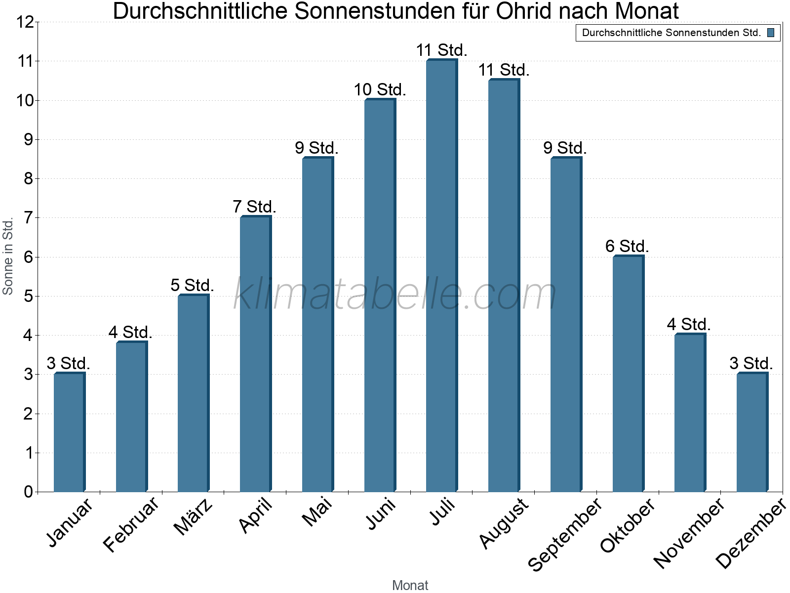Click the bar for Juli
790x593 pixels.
pos(442,275)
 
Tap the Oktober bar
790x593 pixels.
pos(629,374)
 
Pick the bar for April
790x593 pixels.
pos(256,353)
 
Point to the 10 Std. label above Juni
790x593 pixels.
pos(380,89)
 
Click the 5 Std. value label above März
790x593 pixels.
pos(192,286)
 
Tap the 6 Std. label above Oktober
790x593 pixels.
pos(627,247)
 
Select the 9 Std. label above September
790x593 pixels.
pos(565,148)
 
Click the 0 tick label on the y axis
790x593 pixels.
pos(29,492)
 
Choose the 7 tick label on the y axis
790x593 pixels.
pos(29,218)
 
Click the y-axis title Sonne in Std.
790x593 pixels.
pos(7,256)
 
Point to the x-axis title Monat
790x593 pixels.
pos(410,586)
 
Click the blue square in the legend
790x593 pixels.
pos(771,33)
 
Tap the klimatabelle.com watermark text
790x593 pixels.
pos(395,294)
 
